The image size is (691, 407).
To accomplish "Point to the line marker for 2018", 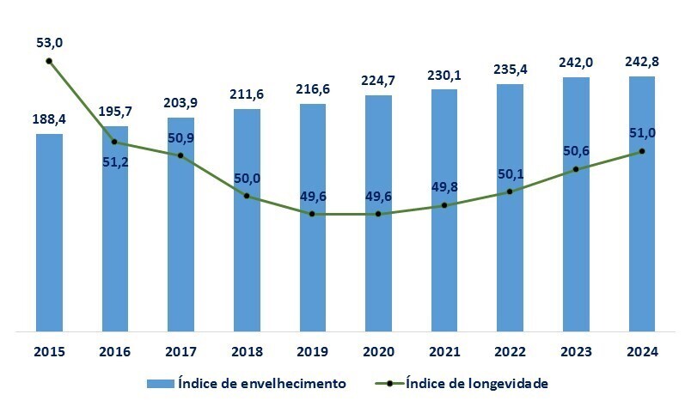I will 247,197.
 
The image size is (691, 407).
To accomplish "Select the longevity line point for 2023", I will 576,169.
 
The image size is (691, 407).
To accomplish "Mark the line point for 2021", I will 444,205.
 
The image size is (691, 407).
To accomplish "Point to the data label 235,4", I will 510,70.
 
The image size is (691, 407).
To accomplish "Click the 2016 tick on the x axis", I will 115,351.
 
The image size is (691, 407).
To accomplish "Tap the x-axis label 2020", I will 378,351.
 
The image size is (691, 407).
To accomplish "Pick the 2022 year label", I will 510,351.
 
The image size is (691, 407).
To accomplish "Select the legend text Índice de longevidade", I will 476,382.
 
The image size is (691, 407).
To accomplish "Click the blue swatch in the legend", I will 162,383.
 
